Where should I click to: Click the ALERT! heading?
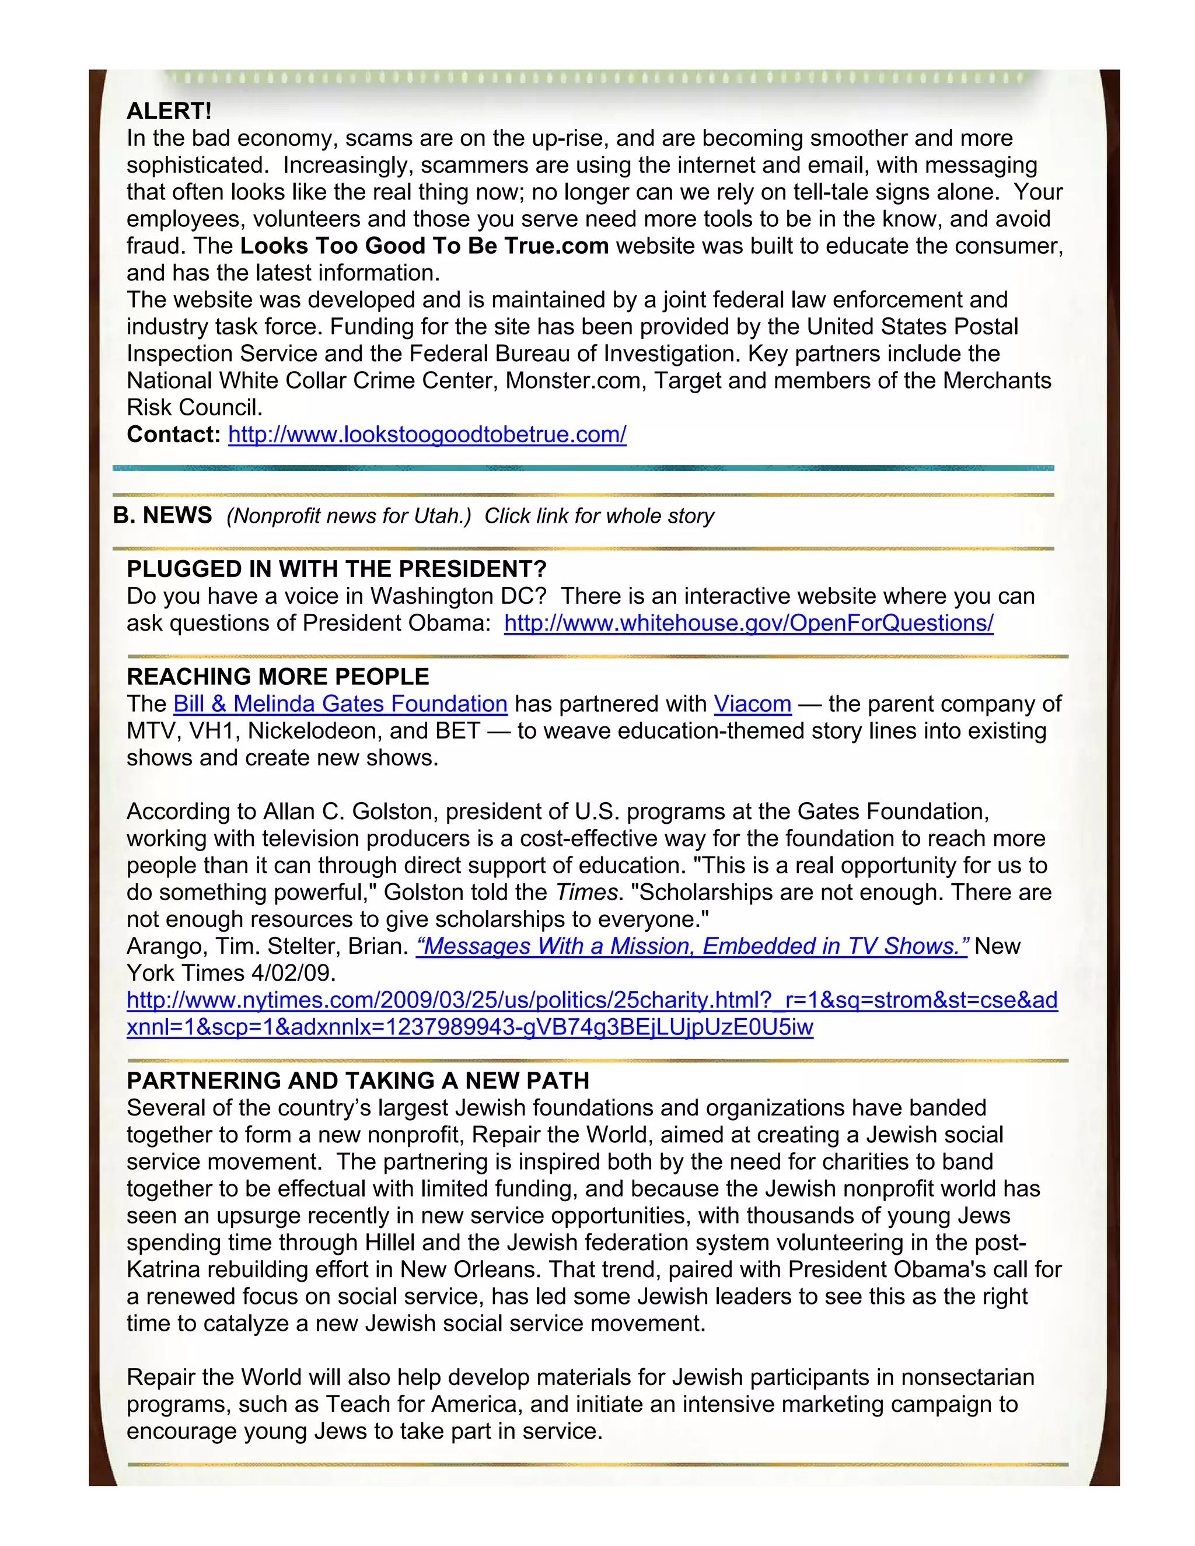coord(169,111)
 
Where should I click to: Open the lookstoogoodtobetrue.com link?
coord(427,435)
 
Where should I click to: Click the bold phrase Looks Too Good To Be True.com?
coord(424,246)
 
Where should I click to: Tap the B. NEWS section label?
coord(162,515)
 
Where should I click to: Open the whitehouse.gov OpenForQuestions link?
coord(748,623)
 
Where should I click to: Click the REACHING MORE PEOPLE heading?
coord(278,677)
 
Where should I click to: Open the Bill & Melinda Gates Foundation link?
coord(341,704)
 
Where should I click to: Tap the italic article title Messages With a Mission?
coord(691,946)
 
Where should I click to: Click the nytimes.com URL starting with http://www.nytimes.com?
coord(592,1000)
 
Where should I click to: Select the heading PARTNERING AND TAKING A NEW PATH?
coord(358,1081)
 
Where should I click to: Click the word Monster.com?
coord(575,381)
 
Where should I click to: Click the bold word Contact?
coord(173,435)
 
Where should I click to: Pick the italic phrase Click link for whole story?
coord(599,516)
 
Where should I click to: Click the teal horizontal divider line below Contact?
coord(583,468)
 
